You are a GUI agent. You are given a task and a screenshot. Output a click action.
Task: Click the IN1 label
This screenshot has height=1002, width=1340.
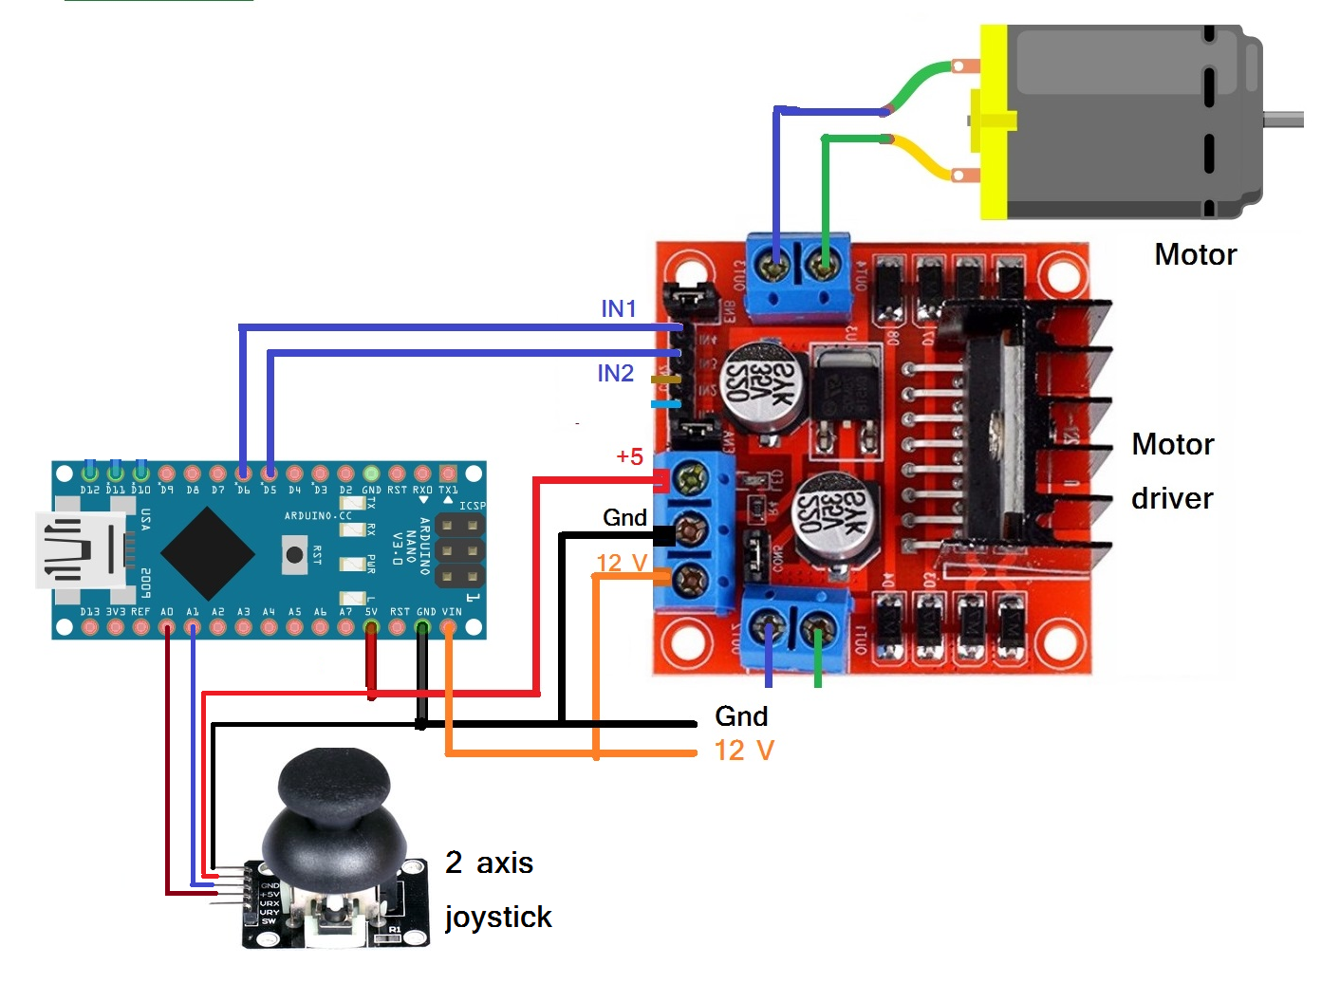pos(618,308)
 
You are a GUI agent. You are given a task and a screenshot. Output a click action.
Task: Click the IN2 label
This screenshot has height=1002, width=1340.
pos(615,374)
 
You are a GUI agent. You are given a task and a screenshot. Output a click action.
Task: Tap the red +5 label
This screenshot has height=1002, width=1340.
pos(629,456)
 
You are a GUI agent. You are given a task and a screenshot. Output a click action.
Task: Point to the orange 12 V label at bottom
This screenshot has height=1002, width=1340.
pos(744,751)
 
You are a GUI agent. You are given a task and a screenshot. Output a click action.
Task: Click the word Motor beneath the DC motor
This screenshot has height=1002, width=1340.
pos(1195,254)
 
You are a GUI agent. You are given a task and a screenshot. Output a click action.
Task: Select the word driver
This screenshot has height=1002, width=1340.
pos(1172,498)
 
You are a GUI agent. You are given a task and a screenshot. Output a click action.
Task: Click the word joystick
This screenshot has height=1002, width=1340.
pos(498,917)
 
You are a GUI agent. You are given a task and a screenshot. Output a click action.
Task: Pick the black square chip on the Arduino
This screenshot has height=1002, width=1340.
pos(208,552)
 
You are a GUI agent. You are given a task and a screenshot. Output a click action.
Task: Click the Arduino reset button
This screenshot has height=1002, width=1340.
pos(295,555)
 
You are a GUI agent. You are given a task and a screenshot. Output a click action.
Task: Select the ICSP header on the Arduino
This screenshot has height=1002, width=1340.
pos(460,550)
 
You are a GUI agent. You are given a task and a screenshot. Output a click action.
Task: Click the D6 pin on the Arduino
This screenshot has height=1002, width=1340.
pos(244,473)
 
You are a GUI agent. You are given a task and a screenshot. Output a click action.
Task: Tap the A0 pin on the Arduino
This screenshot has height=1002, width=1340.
pos(167,626)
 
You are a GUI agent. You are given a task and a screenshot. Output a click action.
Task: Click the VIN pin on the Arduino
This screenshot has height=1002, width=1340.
pos(449,626)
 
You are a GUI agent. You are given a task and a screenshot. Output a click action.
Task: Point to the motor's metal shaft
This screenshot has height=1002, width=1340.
pos(1283,120)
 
